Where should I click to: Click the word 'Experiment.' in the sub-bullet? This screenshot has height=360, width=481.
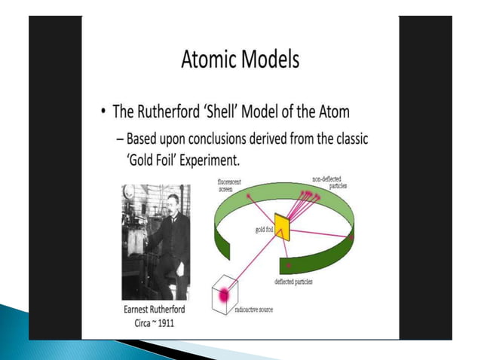tap(250, 160)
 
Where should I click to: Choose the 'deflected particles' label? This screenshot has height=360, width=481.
tap(294, 281)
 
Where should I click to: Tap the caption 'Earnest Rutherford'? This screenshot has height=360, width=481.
tap(155, 310)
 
